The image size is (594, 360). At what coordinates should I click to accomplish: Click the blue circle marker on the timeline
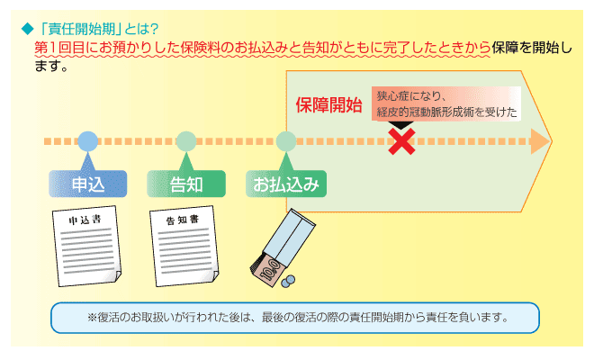click(x=88, y=141)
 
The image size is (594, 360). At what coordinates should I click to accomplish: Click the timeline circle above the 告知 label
click(x=186, y=141)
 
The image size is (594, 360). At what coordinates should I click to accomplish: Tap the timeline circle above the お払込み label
click(x=286, y=141)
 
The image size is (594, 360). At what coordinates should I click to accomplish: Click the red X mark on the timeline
click(x=401, y=141)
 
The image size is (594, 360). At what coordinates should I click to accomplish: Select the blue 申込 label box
click(x=88, y=184)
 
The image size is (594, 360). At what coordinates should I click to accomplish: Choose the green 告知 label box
click(x=186, y=184)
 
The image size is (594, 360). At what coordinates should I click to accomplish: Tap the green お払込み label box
click(x=286, y=184)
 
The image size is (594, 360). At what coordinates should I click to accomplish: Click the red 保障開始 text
click(x=328, y=105)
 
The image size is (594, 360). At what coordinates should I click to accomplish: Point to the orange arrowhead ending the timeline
click(x=541, y=141)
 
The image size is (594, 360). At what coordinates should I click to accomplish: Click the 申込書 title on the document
click(x=85, y=220)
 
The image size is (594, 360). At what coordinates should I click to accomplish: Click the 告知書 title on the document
click(x=183, y=220)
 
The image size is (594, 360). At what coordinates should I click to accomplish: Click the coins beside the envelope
click(x=288, y=281)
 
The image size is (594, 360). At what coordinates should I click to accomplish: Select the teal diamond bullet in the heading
click(x=28, y=29)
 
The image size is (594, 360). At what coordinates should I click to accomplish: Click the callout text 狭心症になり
click(x=409, y=96)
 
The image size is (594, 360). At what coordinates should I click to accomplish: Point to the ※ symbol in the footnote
click(x=92, y=317)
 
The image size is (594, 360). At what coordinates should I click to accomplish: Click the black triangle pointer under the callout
click(x=401, y=125)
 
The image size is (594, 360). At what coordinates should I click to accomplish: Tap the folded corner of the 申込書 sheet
click(x=117, y=276)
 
